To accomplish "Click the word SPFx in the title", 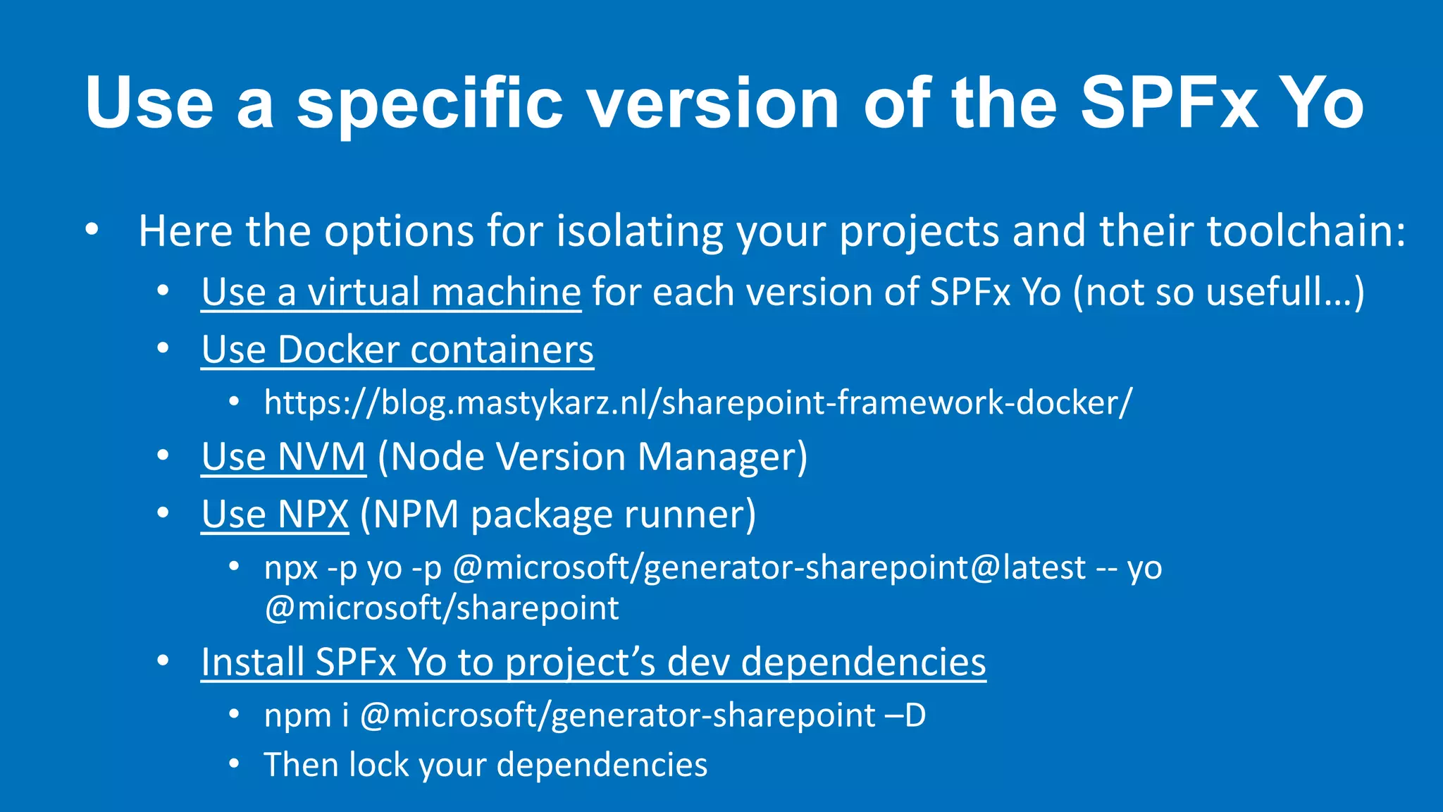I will tap(1168, 103).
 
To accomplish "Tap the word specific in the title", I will tap(429, 103).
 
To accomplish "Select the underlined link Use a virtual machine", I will tap(391, 292).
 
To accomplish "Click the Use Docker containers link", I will tap(397, 350).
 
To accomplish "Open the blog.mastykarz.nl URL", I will tap(698, 402).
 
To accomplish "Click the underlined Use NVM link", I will tap(283, 457).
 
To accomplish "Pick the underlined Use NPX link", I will tap(275, 514).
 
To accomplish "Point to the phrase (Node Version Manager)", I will tap(593, 457).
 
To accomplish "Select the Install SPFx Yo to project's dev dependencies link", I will tap(593, 662).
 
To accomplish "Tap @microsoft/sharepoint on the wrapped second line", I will tap(442, 608).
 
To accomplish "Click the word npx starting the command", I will tap(291, 568).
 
